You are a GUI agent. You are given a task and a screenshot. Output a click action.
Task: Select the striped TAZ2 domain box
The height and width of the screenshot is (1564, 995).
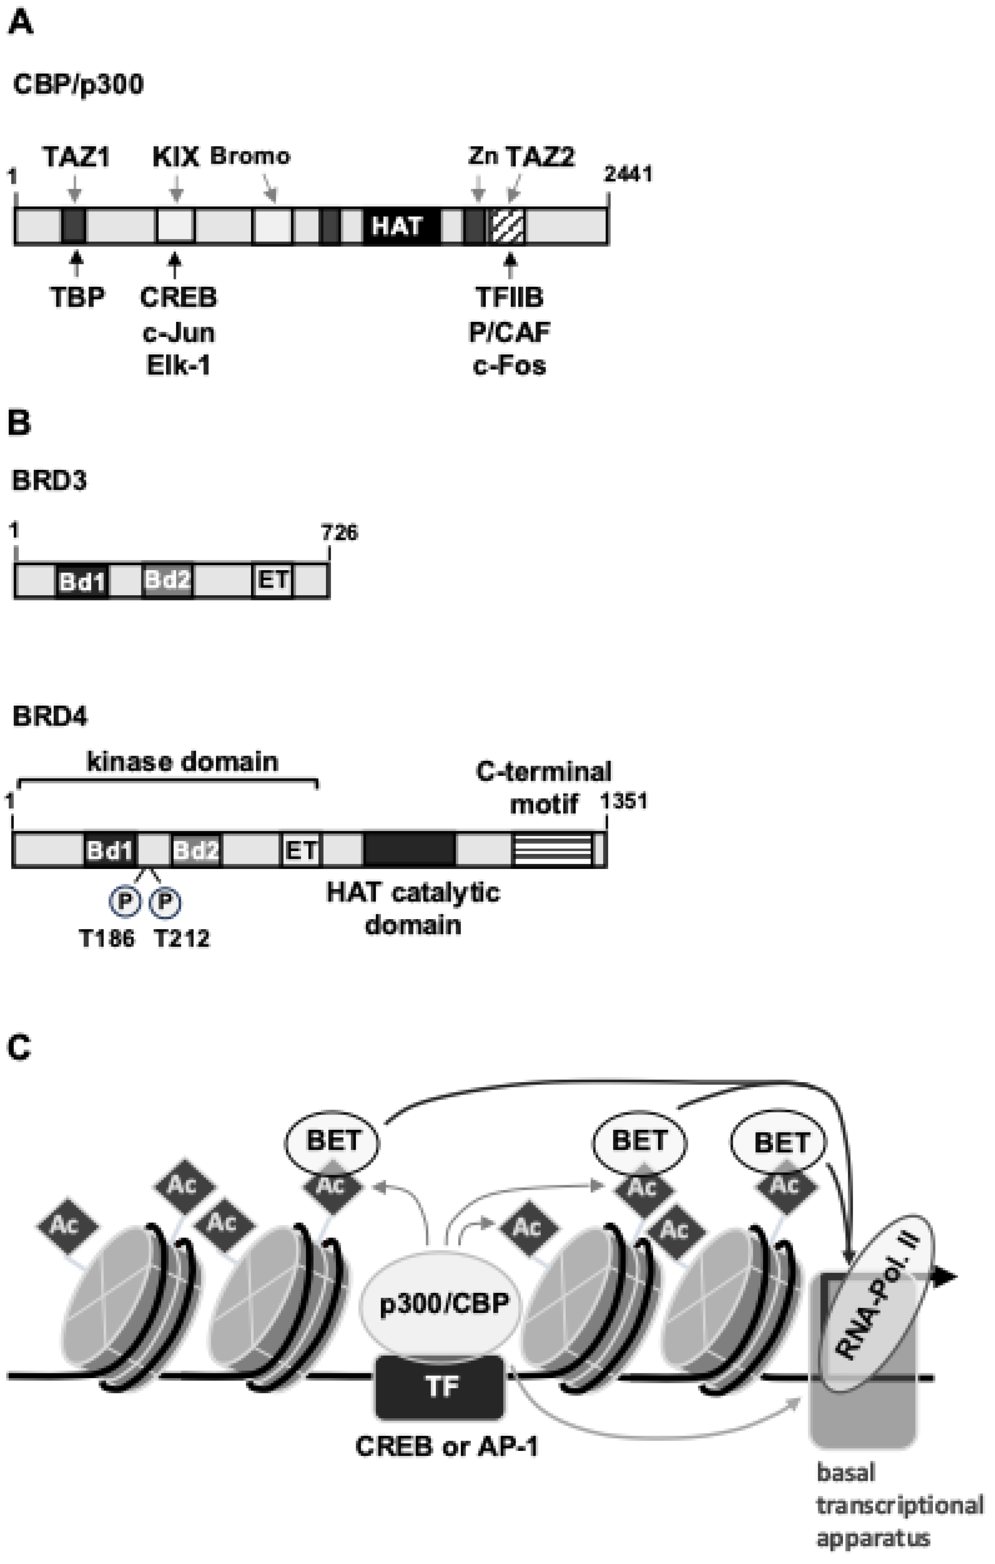pos(508,226)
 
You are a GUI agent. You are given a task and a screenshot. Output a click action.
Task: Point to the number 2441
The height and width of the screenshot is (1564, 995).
pos(628,174)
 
